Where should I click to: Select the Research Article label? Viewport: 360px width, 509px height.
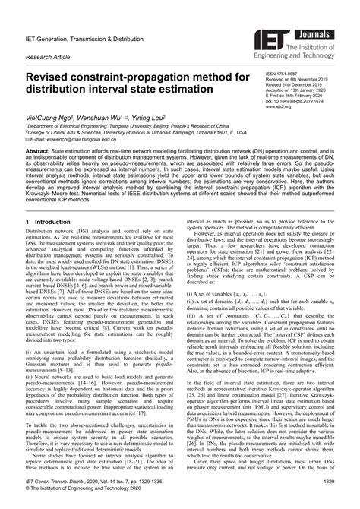(48, 56)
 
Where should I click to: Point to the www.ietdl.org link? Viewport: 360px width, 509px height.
(279, 108)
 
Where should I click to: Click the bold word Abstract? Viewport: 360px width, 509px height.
(39, 151)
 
